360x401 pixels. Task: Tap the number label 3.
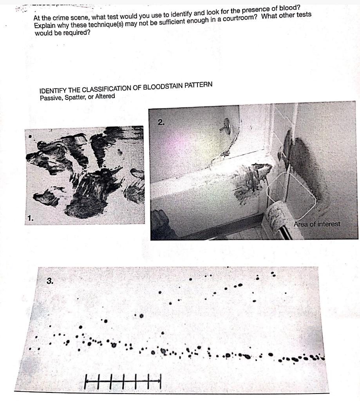pos(50,280)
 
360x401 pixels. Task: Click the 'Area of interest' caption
pos(317,224)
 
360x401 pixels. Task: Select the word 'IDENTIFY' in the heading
pos(52,90)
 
